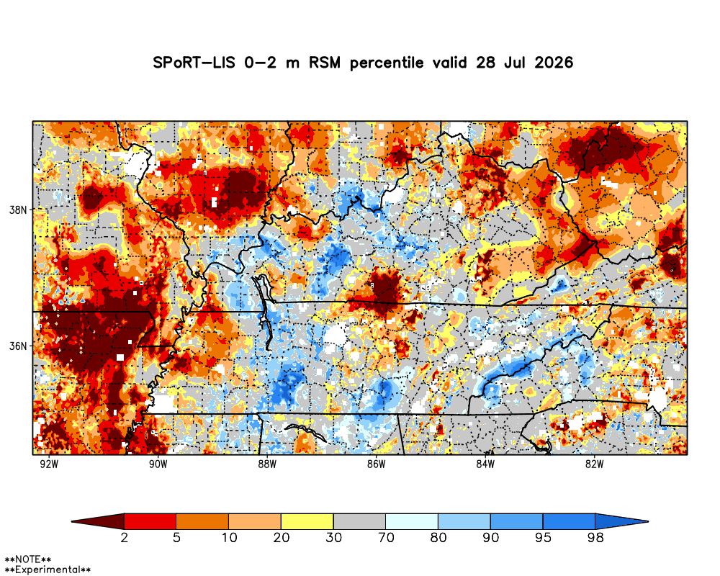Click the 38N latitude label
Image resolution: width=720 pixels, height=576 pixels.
tap(18, 210)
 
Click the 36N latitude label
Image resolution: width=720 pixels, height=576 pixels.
tap(18, 346)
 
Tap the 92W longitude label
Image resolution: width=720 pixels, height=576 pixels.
tap(49, 464)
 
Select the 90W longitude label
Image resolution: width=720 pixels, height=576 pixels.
tap(158, 464)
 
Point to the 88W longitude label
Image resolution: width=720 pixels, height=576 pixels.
tap(267, 464)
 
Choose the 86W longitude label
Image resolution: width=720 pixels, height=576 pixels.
tap(376, 464)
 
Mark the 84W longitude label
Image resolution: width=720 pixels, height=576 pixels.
tap(485, 464)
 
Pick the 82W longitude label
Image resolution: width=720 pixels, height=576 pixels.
tap(594, 464)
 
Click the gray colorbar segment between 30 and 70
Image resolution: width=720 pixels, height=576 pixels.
tap(359, 521)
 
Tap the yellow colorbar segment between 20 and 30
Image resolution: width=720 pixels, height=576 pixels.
tap(307, 521)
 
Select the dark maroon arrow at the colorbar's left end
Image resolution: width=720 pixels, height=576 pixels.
tap(98, 521)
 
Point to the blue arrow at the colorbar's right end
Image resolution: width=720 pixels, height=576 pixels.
tap(622, 521)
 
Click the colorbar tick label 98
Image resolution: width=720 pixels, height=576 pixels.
tap(595, 537)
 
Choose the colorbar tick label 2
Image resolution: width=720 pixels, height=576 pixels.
tap(124, 537)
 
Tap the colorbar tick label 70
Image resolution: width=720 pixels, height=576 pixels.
tap(386, 537)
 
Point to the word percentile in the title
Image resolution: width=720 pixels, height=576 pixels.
tap(387, 63)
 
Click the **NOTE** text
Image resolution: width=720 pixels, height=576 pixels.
tap(27, 559)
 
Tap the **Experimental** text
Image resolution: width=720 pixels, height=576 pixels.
tap(48, 570)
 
